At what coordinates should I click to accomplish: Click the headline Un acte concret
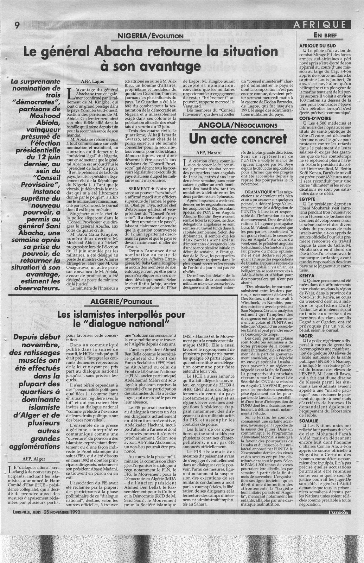tap(238, 139)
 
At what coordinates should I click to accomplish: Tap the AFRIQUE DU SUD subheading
tap(313, 46)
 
